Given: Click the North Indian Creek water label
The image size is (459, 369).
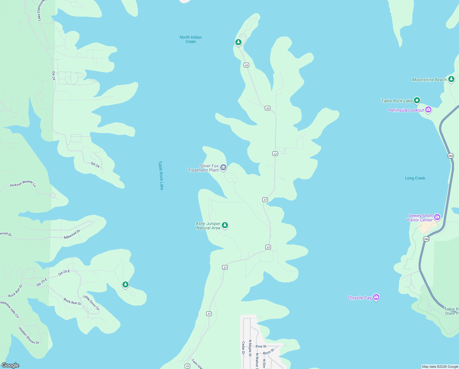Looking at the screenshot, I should pyautogui.click(x=191, y=39).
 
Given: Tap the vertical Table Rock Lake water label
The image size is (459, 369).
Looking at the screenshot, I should pyautogui.click(x=161, y=175).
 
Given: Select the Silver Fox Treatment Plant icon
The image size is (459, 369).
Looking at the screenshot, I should pyautogui.click(x=223, y=168).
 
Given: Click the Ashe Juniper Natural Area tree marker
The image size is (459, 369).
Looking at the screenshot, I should pyautogui.click(x=225, y=225).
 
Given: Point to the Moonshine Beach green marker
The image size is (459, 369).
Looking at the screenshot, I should pyautogui.click(x=451, y=79).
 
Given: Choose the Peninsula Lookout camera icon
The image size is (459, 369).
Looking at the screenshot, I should pyautogui.click(x=428, y=110).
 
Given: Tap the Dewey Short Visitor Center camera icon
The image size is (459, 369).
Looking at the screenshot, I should pyautogui.click(x=437, y=217).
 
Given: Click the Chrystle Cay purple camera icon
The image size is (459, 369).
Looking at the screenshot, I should pyautogui.click(x=376, y=297).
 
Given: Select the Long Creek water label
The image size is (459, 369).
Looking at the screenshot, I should pyautogui.click(x=415, y=178).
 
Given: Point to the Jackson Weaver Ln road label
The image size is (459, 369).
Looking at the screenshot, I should pyautogui.click(x=22, y=184).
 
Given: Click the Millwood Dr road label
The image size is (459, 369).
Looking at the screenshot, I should pyautogui.click(x=72, y=234).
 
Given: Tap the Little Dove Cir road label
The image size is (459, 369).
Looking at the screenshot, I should pyautogui.click(x=91, y=303).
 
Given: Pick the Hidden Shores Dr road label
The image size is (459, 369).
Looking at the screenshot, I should pyautogui.click(x=29, y=335).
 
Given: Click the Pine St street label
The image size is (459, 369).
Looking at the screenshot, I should pyautogui.click(x=261, y=346).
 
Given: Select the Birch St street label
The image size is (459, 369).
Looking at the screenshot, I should pyautogui.click(x=268, y=351).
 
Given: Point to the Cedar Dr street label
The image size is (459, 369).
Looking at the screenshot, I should pyautogui.click(x=243, y=348).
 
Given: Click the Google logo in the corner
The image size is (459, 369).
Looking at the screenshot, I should pyautogui.click(x=10, y=365).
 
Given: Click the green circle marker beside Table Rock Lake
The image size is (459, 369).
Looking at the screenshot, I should pyautogui.click(x=417, y=100).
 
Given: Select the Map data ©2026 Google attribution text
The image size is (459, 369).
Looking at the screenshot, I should pyautogui.click(x=440, y=367).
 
